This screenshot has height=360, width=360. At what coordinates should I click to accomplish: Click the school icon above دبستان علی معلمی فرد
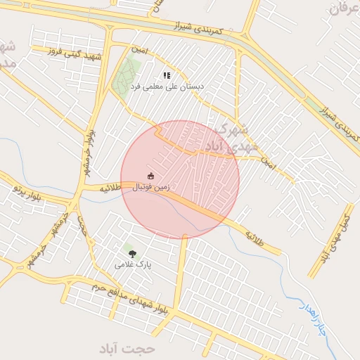tap(167, 75)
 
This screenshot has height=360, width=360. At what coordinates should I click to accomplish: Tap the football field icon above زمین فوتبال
tap(150, 176)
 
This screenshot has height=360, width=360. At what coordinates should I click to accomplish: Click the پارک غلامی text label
tap(134, 264)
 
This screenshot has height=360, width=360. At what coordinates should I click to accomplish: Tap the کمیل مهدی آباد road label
tap(337, 235)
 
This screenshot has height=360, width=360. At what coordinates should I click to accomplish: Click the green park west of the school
tap(126, 77)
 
